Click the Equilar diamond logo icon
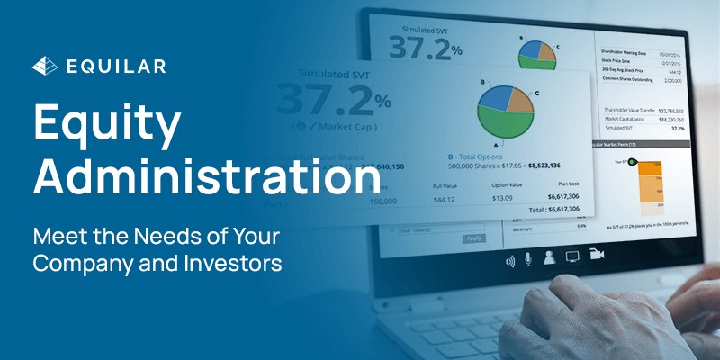point(43,66)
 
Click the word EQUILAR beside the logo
point(114,66)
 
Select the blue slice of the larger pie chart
point(494,96)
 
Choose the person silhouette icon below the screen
point(548,256)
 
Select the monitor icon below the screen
point(572,256)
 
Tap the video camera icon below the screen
point(597,256)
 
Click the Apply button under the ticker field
point(472,238)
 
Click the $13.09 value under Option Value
point(476,199)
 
